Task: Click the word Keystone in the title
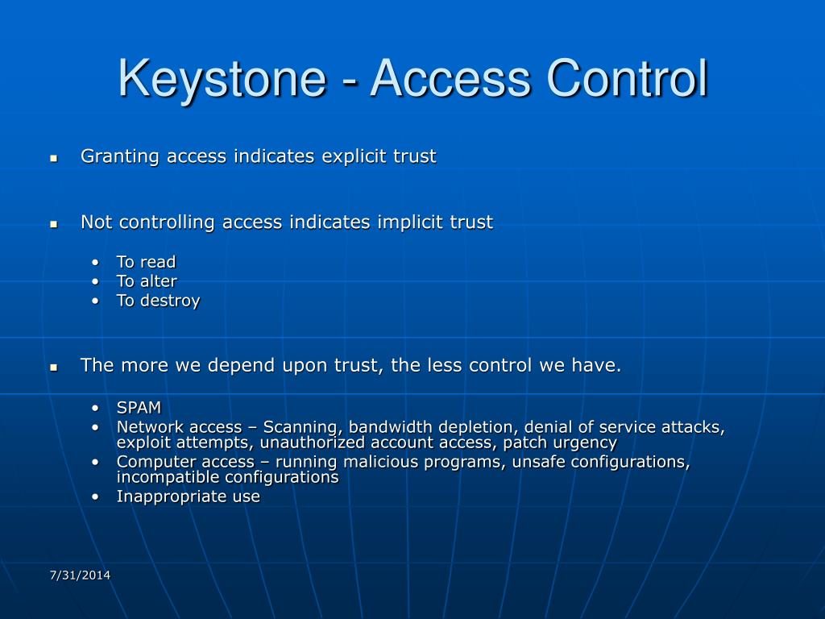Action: coord(219,78)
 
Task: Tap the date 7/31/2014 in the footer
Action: coord(80,575)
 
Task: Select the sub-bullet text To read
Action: coord(146,262)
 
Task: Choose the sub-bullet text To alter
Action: coord(147,281)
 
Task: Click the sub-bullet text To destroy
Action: coord(158,301)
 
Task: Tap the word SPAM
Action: coord(139,408)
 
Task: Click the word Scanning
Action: coord(301,427)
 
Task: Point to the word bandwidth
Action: coord(386,427)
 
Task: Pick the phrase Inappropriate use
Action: coord(189,496)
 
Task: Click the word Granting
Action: coord(120,156)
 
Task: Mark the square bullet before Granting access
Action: coord(54,158)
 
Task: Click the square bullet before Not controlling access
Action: coord(54,224)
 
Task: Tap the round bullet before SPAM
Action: coord(96,409)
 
